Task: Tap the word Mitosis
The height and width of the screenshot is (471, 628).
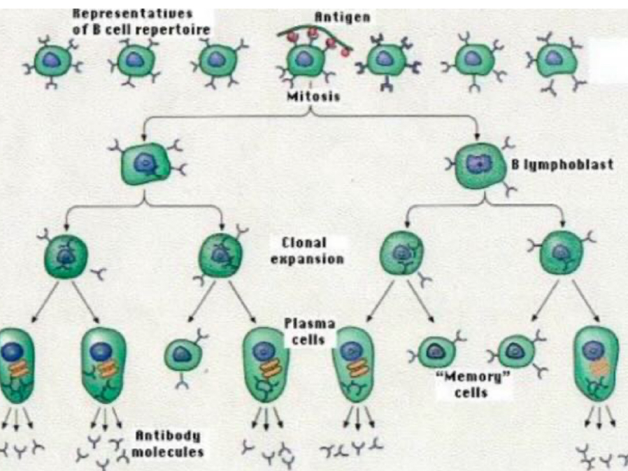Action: coord(313,96)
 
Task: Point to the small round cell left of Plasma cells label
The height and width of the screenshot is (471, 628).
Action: coord(183,355)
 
